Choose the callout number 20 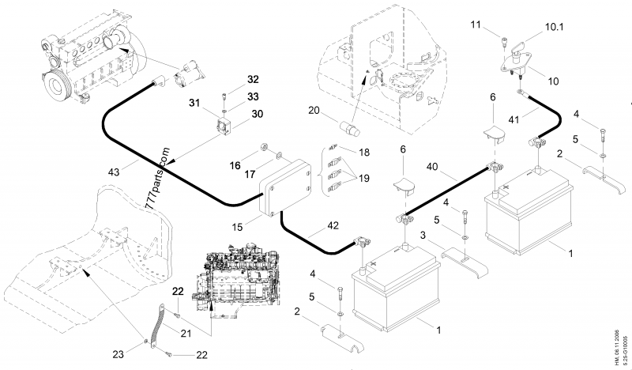[314, 111]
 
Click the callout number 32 [252, 80]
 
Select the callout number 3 [424, 236]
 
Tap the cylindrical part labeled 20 [348, 127]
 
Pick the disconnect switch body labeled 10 [517, 64]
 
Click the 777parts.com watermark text [159, 177]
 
